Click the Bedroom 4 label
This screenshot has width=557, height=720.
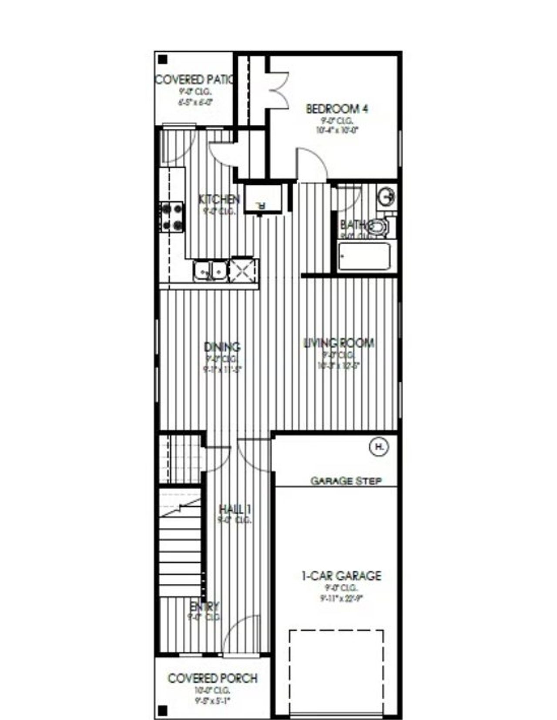(337, 108)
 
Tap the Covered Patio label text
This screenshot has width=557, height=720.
(194, 80)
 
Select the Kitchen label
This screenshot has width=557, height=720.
(219, 200)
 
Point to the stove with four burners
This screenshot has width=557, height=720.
(173, 217)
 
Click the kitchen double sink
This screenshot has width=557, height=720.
(210, 271)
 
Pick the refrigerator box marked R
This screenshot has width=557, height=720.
(262, 199)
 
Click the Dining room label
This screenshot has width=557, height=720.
(222, 347)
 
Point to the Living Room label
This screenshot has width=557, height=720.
(339, 343)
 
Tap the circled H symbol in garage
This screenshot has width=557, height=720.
(379, 447)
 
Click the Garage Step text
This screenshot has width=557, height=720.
(346, 481)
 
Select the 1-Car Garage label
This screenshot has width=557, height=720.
(341, 576)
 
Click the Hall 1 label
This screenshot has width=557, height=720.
(235, 509)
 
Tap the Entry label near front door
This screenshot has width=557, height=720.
(205, 606)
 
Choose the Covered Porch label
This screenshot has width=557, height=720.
(212, 678)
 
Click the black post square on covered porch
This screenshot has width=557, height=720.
(162, 711)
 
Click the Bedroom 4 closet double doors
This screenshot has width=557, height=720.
(278, 90)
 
